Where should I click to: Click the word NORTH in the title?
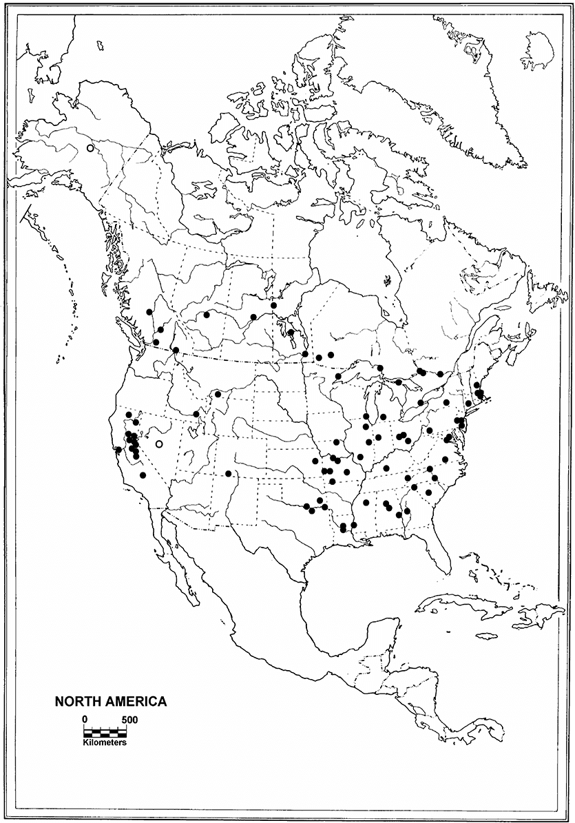tap(76, 702)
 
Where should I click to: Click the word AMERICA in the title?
tap(133, 702)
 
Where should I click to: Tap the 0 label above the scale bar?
tap(85, 720)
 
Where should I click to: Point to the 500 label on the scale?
tap(129, 720)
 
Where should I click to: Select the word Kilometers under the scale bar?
tap(105, 742)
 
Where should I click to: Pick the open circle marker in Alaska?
tap(90, 148)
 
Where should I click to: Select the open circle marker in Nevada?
tap(160, 444)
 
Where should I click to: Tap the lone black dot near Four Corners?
tap(229, 473)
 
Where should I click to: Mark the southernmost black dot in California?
tap(143, 475)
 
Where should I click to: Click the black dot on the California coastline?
tap(119, 450)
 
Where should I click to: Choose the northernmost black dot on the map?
tap(273, 305)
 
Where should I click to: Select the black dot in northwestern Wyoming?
tap(218, 395)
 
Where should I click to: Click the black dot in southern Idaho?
tap(196, 414)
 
